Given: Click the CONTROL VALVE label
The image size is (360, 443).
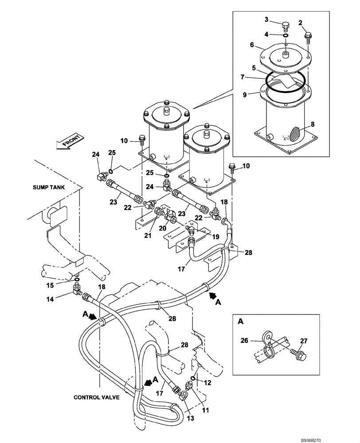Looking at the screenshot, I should (97, 397).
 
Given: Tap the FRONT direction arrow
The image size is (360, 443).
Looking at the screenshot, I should (68, 142).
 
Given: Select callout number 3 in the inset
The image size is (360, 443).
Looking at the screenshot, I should (266, 19).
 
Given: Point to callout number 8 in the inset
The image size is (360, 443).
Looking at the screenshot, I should (313, 125).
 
